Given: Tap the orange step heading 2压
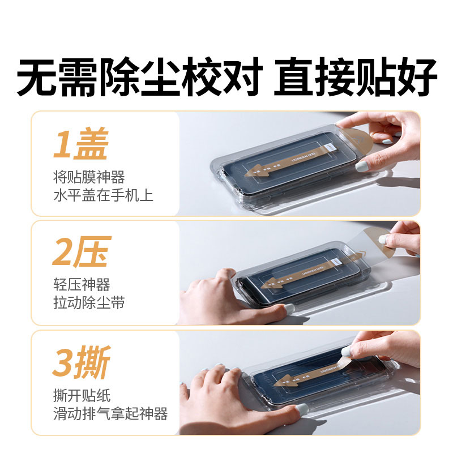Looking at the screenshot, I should pyautogui.click(x=80, y=254).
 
